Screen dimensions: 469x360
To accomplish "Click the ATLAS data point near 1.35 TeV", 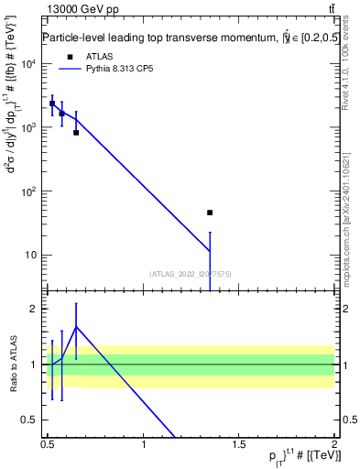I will coord(210,213).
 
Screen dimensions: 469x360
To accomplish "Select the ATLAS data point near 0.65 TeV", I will coord(76,132).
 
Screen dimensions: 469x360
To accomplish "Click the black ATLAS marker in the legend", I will coord(70,56).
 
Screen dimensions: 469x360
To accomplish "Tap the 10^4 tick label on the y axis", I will coord(29,64).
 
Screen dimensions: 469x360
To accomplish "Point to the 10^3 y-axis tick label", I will coord(29,127).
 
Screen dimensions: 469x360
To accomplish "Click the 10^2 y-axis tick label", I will coord(29,191).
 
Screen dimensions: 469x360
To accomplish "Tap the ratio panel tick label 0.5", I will coord(33,420).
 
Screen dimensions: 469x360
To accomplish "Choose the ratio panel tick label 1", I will coord(37,365).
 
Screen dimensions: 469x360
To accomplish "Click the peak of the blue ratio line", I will coord(76,326).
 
